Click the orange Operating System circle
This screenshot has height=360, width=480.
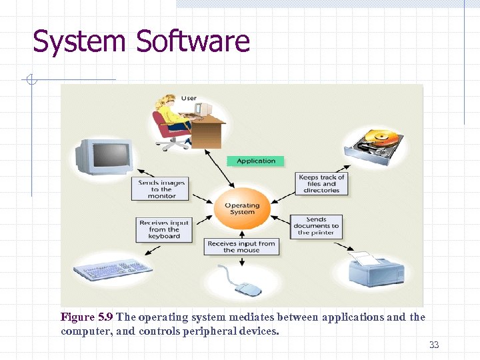click(241, 209)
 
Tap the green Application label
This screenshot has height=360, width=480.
click(256, 161)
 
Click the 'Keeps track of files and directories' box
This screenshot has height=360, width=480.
click(321, 183)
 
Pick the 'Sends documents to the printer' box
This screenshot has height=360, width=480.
click(317, 225)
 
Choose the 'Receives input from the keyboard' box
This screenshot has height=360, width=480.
click(164, 229)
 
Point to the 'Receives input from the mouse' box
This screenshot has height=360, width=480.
click(241, 247)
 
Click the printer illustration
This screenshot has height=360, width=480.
click(375, 269)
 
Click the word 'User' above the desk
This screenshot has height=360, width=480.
click(189, 98)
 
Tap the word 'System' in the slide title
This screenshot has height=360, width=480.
click(79, 41)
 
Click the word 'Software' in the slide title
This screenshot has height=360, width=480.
click(193, 41)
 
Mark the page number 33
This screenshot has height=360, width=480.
click(434, 345)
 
